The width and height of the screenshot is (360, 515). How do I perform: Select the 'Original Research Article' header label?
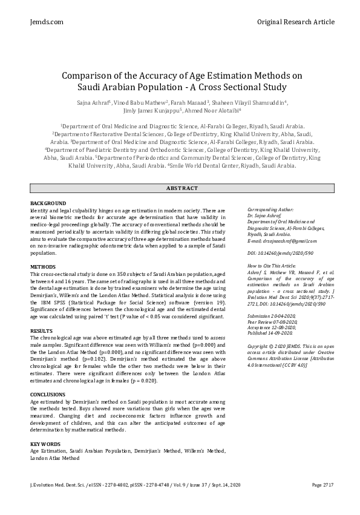295,22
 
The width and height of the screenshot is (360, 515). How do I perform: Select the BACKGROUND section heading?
48,202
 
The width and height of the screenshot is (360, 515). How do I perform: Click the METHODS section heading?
43,266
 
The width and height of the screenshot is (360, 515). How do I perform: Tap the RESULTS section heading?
42,331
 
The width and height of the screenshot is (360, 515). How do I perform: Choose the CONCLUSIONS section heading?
48,394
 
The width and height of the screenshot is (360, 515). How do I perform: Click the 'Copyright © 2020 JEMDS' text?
278,347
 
